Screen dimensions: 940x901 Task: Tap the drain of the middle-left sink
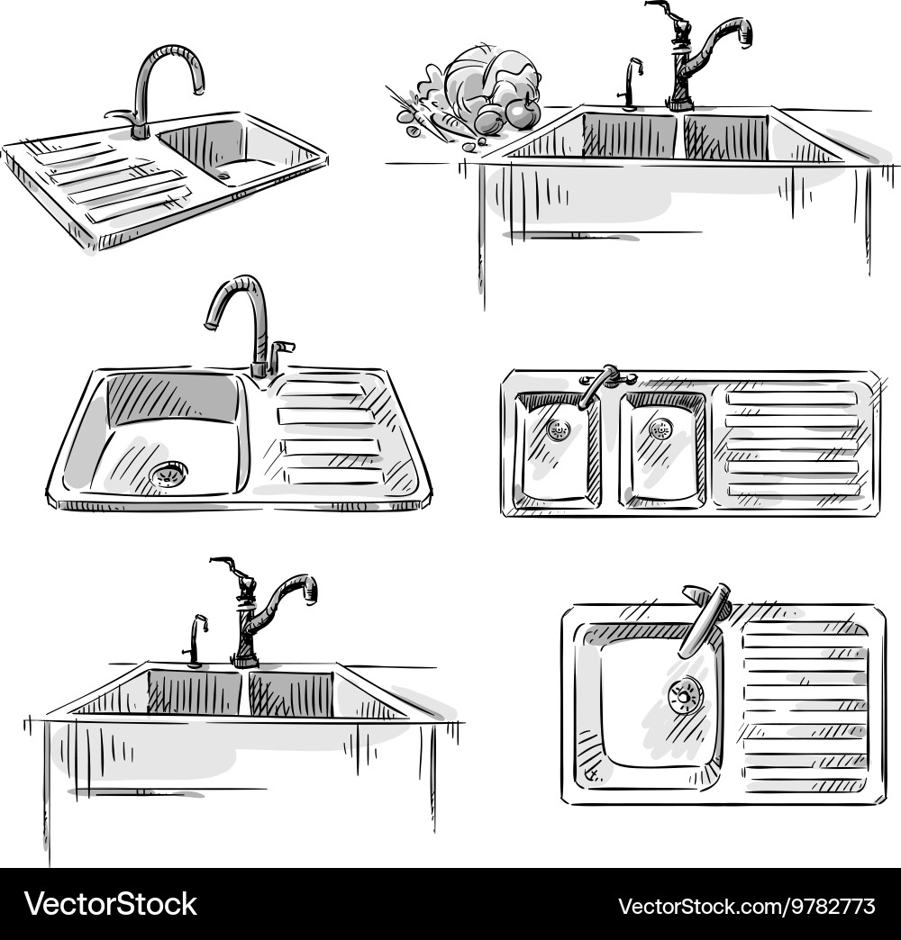(x=168, y=474)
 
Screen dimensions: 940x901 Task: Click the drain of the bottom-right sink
(x=686, y=695)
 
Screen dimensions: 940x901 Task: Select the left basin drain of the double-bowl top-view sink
(x=559, y=430)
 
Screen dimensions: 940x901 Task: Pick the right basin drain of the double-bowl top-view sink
(x=660, y=429)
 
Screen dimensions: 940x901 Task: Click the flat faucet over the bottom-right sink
(x=705, y=617)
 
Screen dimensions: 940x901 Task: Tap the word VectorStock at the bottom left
(x=110, y=903)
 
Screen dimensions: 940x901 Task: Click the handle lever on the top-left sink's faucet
(x=118, y=115)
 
